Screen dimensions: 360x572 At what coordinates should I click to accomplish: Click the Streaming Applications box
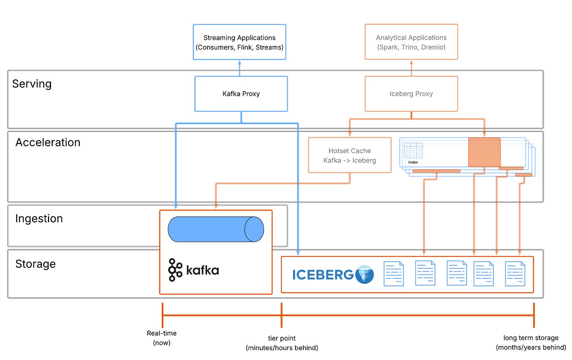[x=239, y=42]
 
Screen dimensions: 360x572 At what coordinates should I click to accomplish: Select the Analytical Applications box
[x=411, y=42]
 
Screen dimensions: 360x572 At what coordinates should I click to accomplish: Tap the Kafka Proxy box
[x=241, y=94]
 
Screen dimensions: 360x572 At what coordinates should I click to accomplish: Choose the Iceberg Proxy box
[x=411, y=94]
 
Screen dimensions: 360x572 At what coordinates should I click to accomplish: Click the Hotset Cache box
[x=349, y=155]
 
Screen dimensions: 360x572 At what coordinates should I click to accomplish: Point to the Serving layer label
[x=32, y=84]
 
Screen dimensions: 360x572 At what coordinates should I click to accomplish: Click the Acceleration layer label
[x=48, y=143]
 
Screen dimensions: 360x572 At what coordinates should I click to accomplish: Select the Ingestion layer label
[x=39, y=219]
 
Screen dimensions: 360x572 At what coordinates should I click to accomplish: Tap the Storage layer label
[x=35, y=264]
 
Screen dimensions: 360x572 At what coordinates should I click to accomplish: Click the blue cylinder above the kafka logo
[x=216, y=229]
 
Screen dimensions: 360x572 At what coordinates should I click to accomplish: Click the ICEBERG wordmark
[x=323, y=275]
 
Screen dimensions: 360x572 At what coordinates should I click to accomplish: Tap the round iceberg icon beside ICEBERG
[x=365, y=274]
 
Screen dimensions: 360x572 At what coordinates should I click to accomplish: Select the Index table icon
[x=413, y=151]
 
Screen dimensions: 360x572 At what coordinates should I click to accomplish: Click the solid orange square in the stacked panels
[x=484, y=152]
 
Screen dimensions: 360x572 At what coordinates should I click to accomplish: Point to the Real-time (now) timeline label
[x=161, y=338]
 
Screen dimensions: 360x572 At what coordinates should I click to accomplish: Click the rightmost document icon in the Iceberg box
[x=515, y=274]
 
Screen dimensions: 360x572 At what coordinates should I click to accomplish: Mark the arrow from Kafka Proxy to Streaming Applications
[x=239, y=68]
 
